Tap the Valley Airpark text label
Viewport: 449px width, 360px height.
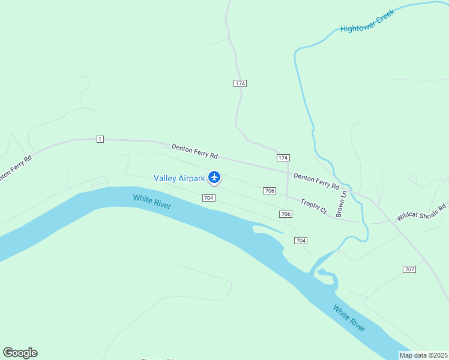[179, 178]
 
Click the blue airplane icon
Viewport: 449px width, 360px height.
[214, 177]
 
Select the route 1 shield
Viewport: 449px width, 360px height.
[100, 139]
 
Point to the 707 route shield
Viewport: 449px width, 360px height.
[409, 269]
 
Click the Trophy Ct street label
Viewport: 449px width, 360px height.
[313, 207]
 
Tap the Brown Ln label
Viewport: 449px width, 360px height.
[342, 203]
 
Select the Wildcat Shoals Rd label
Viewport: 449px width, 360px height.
[421, 211]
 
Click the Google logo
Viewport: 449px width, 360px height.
[20, 353]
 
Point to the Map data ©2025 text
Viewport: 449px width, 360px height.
[423, 355]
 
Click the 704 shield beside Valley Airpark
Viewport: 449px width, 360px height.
[208, 198]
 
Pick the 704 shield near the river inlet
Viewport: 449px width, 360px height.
[301, 241]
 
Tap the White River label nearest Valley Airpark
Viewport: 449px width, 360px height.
[152, 202]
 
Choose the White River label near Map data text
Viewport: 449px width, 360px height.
[349, 319]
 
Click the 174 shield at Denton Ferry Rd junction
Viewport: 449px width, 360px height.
[283, 158]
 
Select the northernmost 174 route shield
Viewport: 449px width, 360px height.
[240, 83]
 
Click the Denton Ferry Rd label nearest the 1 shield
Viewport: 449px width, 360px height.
[194, 151]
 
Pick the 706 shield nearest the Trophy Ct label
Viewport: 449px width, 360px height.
[286, 214]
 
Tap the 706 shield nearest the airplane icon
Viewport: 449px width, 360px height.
[269, 191]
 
